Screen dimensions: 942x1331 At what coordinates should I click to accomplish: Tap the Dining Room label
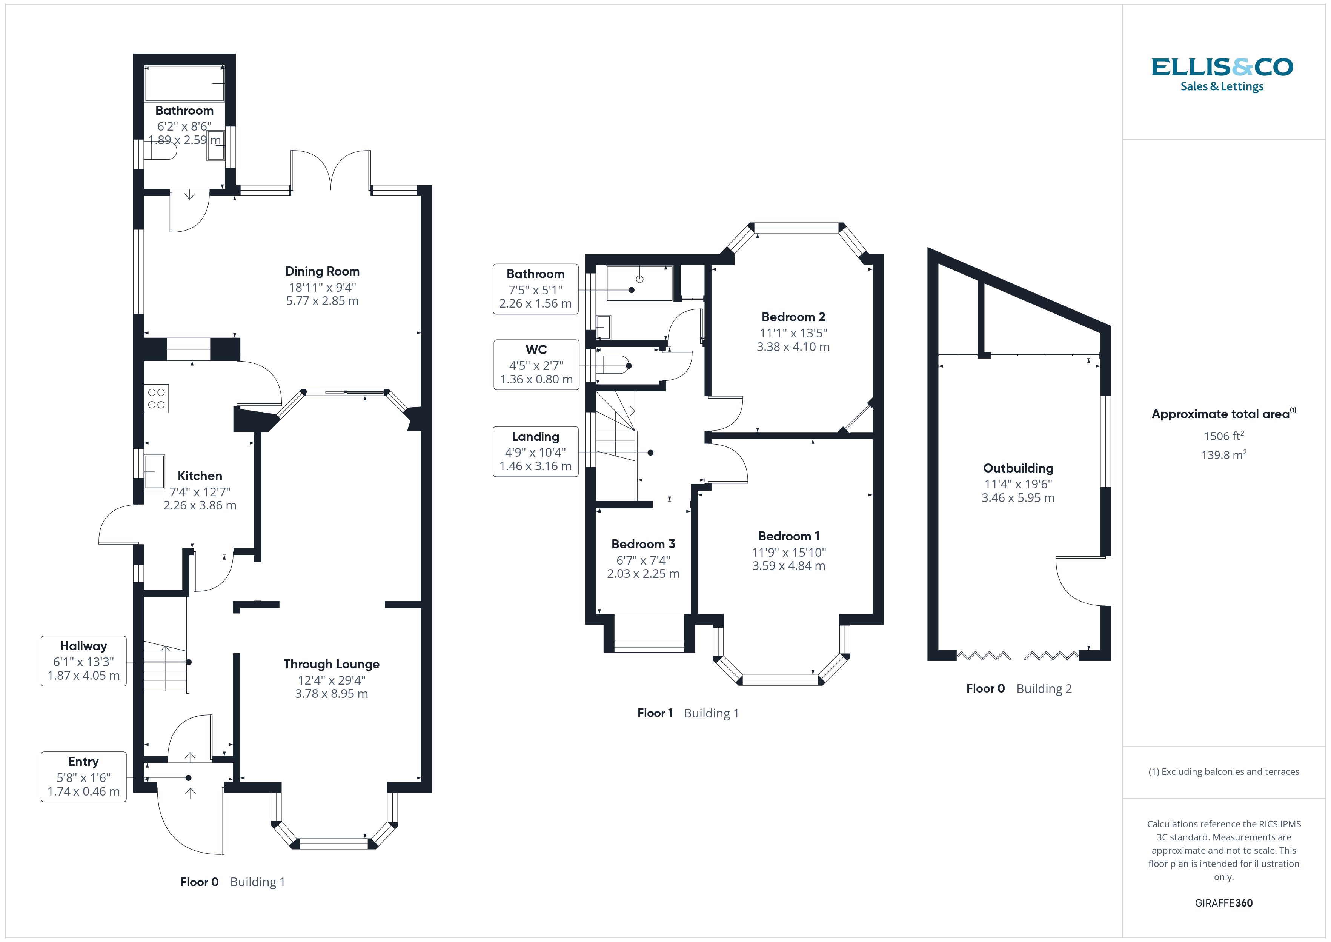pyautogui.click(x=322, y=271)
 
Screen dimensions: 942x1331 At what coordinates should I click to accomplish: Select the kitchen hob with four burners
pyautogui.click(x=157, y=399)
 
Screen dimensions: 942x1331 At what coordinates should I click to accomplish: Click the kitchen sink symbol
pyautogui.click(x=155, y=471)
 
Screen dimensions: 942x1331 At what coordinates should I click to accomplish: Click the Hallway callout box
pyautogui.click(x=83, y=661)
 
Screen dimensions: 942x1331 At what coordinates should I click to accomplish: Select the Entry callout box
pyautogui.click(x=83, y=777)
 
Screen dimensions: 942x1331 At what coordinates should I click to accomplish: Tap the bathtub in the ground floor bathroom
pyautogui.click(x=184, y=83)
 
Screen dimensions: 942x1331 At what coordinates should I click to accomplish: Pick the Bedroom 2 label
pyautogui.click(x=793, y=317)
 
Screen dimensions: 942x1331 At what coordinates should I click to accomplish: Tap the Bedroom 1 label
pyautogui.click(x=788, y=536)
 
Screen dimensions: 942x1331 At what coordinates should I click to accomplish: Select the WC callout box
pyautogui.click(x=536, y=364)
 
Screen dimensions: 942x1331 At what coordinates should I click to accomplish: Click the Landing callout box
pyautogui.click(x=535, y=451)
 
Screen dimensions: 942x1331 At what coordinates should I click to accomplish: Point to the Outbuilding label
pyautogui.click(x=1017, y=468)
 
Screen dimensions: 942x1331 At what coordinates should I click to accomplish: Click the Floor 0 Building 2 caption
pyautogui.click(x=1019, y=688)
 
